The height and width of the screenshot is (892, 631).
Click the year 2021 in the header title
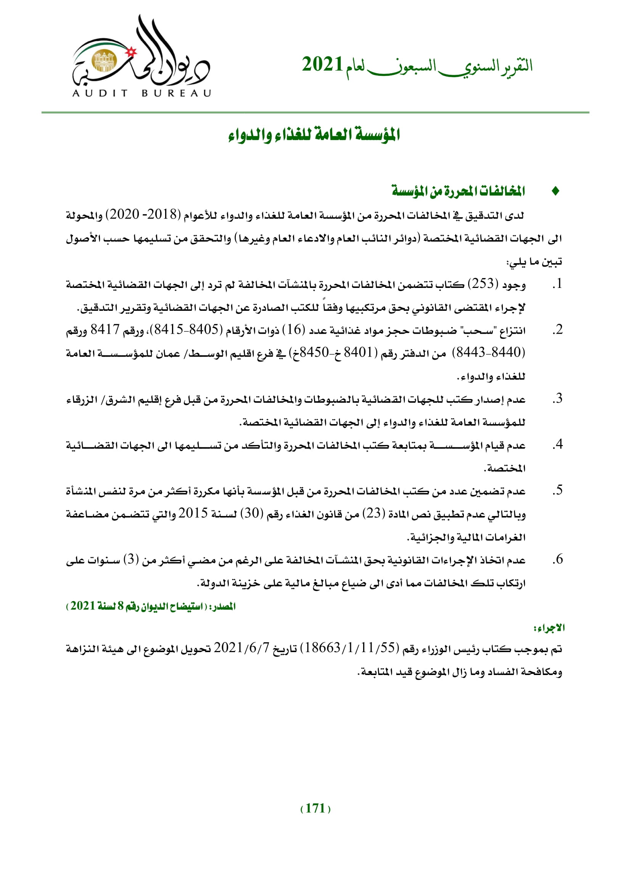(x=322, y=64)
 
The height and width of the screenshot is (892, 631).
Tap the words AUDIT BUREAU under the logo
(x=142, y=93)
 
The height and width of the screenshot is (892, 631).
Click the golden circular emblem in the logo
(x=104, y=61)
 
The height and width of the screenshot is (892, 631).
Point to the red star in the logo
(x=131, y=51)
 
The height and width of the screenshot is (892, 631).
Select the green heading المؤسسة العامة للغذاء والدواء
(x=314, y=135)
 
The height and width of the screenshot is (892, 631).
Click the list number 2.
(x=558, y=330)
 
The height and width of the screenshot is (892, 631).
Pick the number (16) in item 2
(x=294, y=330)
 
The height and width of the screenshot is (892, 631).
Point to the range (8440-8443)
(x=491, y=353)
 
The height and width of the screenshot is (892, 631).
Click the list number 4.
(x=558, y=444)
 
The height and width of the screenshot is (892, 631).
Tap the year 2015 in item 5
(x=193, y=513)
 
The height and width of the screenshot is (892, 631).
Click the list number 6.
(x=558, y=559)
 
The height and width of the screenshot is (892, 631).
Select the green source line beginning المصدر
(x=151, y=606)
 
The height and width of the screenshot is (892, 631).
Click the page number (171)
(x=315, y=808)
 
